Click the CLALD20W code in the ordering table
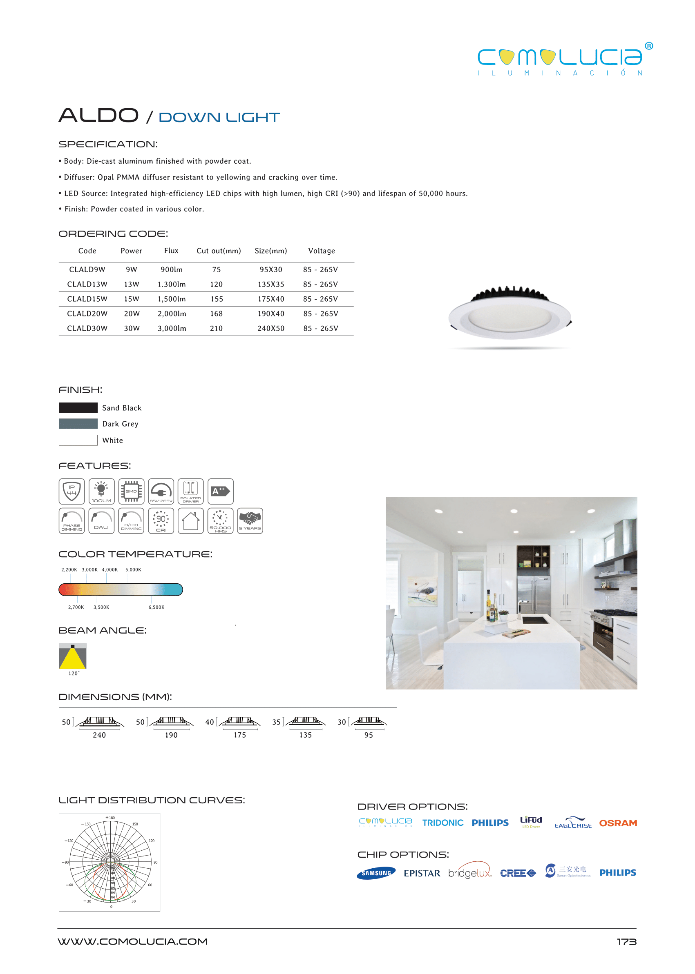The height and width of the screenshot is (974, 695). point(87,314)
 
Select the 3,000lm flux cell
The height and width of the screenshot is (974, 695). point(172,328)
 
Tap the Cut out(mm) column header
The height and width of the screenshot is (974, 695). point(218,251)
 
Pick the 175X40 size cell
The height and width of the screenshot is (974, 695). point(270,299)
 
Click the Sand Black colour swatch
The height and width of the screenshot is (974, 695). point(78,407)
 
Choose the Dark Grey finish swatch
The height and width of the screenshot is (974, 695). point(78,424)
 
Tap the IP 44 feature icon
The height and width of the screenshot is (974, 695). point(72,491)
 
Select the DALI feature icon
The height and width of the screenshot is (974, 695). point(101,521)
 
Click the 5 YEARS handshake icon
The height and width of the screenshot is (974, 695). point(250,521)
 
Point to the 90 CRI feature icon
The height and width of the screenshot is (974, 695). point(161,521)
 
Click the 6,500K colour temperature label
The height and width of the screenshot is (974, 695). point(156,607)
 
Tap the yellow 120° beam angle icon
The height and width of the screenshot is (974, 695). point(73,656)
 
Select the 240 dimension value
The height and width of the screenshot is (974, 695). point(99,735)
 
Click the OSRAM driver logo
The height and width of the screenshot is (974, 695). point(617,823)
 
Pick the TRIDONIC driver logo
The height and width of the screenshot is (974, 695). point(442,823)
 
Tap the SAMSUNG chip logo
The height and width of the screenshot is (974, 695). point(376,873)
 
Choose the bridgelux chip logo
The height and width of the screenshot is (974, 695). point(469,873)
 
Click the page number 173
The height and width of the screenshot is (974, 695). point(626,942)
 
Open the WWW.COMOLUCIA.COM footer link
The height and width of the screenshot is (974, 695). point(133,941)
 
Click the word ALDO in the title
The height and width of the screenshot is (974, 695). point(98,116)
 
